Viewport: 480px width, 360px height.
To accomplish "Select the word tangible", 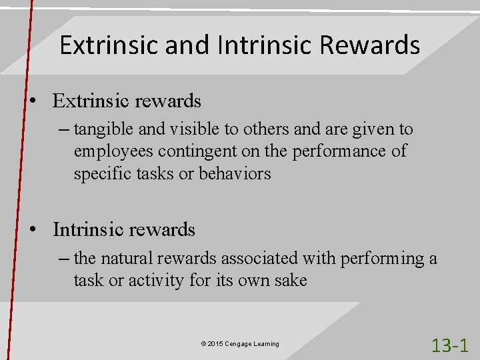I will click(x=101, y=129).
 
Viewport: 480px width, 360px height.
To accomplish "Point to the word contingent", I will click(x=188, y=151).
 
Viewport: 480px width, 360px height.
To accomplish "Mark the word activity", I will click(x=151, y=281).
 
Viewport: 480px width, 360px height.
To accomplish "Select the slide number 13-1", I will click(x=450, y=345).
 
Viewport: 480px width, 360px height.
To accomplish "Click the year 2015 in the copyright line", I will click(x=215, y=344).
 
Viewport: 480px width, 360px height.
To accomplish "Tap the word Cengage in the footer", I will click(x=239, y=344).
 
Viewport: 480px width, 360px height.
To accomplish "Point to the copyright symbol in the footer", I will click(x=203, y=344).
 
